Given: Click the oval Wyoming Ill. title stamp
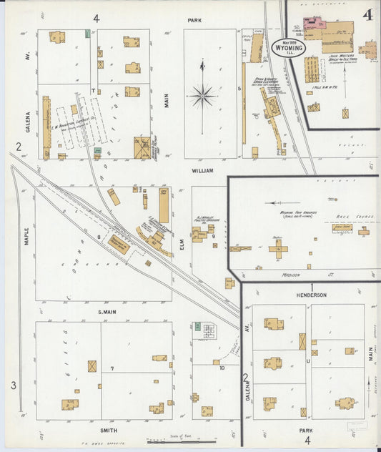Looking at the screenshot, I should click(x=289, y=44).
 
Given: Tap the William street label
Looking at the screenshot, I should click(x=202, y=172).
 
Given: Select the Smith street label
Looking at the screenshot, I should click(x=109, y=431).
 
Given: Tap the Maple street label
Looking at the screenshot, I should click(x=26, y=236).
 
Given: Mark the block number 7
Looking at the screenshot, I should click(x=112, y=368).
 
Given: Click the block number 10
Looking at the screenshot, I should click(x=222, y=368).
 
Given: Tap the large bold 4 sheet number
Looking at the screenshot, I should click(x=367, y=15).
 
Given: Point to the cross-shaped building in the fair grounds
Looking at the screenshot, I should click(x=278, y=248).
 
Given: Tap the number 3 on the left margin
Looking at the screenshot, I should click(x=13, y=386).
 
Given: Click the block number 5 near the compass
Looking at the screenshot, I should click(x=239, y=89).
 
